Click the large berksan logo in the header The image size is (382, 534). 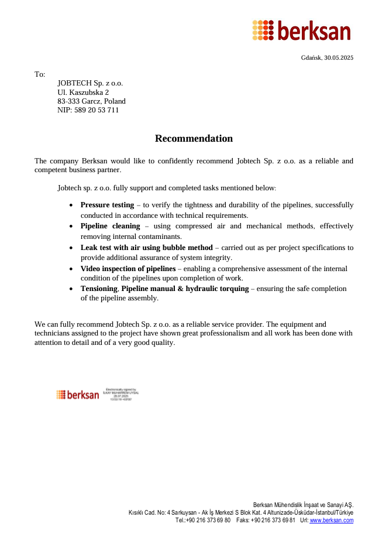pos(301,30)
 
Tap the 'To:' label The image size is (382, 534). pos(40,74)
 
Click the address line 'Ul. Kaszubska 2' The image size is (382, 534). pos(83,92)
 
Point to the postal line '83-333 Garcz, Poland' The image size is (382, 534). pos(91,101)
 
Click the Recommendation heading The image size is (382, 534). pos(194,139)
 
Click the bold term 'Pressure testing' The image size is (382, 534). pos(107,205)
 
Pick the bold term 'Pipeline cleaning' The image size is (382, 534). pos(110,226)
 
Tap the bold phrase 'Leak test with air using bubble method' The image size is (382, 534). pos(146,248)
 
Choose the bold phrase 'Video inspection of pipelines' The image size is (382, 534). pos(128,269)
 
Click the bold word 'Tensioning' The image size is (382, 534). pos(99,289)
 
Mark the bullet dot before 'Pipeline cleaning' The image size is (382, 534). pos(71,227)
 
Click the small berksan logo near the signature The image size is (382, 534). pos(78,395)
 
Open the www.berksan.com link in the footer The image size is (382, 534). pos(331,520)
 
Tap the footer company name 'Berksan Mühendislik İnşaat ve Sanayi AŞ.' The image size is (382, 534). pos(303,505)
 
